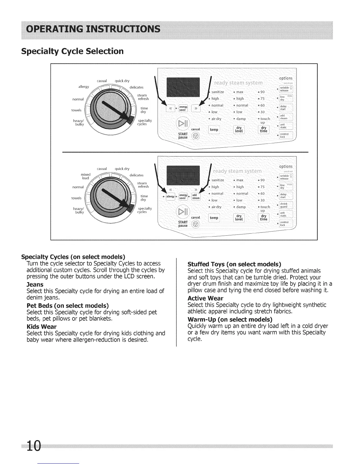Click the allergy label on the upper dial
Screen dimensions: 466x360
coord(84,86)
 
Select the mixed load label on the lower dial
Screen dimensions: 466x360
coord(85,176)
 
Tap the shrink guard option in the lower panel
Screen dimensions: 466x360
coord(284,205)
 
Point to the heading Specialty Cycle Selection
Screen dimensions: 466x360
coord(72,51)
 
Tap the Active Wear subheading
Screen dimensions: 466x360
coord(205,298)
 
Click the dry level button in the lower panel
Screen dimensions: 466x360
coord(239,218)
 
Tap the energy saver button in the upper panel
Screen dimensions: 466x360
coord(183,108)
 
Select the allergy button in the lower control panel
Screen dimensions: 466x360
coord(170,196)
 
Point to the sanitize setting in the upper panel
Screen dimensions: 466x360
coord(218,92)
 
